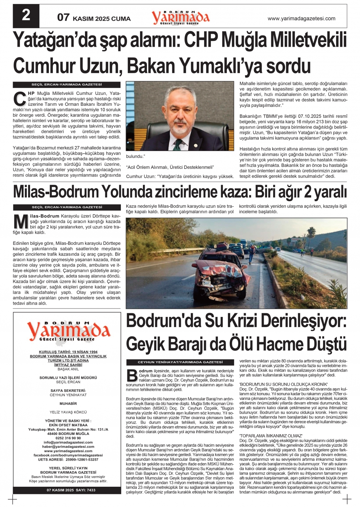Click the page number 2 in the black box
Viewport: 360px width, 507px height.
(26, 16)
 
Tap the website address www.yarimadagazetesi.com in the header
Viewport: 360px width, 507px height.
(301, 18)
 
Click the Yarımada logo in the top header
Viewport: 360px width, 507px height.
(180, 17)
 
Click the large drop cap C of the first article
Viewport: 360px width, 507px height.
(19, 99)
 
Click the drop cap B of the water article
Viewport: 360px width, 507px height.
(132, 376)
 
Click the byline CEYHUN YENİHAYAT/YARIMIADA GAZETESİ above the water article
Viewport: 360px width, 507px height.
(180, 362)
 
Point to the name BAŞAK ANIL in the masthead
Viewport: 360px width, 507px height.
(68, 369)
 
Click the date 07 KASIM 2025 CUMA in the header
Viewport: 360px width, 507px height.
(94, 18)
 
